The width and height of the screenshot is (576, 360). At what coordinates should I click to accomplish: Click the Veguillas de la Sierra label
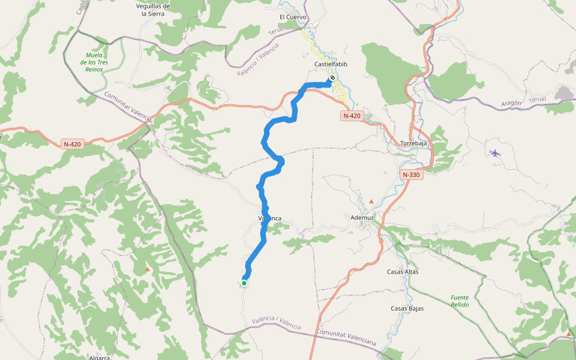coord(153,9)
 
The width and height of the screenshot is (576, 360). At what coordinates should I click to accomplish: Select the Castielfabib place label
coord(331,64)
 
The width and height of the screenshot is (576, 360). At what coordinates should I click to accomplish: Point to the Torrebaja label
coord(413,143)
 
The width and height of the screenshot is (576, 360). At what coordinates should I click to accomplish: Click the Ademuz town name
coord(362,217)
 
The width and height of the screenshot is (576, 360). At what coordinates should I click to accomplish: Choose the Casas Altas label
coord(403,272)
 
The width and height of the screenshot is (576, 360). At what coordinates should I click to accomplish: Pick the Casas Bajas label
coord(407,308)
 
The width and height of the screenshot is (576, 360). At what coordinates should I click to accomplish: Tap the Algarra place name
coord(100,356)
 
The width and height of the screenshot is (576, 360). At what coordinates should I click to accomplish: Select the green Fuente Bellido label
coord(460,301)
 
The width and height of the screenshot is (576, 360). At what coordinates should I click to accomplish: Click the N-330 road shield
coord(411,175)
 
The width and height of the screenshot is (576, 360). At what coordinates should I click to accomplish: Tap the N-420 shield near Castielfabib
coord(352,115)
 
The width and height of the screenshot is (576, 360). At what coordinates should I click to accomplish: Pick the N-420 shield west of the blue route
coord(72,144)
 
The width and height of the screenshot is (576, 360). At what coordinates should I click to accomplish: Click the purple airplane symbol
coord(495,153)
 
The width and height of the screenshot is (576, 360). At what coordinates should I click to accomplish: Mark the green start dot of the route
coord(244,283)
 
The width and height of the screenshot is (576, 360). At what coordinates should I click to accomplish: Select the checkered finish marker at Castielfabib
coord(332,78)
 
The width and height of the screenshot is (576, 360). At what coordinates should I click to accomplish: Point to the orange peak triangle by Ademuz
coord(371,201)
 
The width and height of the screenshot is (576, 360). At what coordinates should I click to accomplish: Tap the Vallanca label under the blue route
coord(270,218)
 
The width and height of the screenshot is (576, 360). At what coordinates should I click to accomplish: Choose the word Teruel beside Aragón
coord(538,98)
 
